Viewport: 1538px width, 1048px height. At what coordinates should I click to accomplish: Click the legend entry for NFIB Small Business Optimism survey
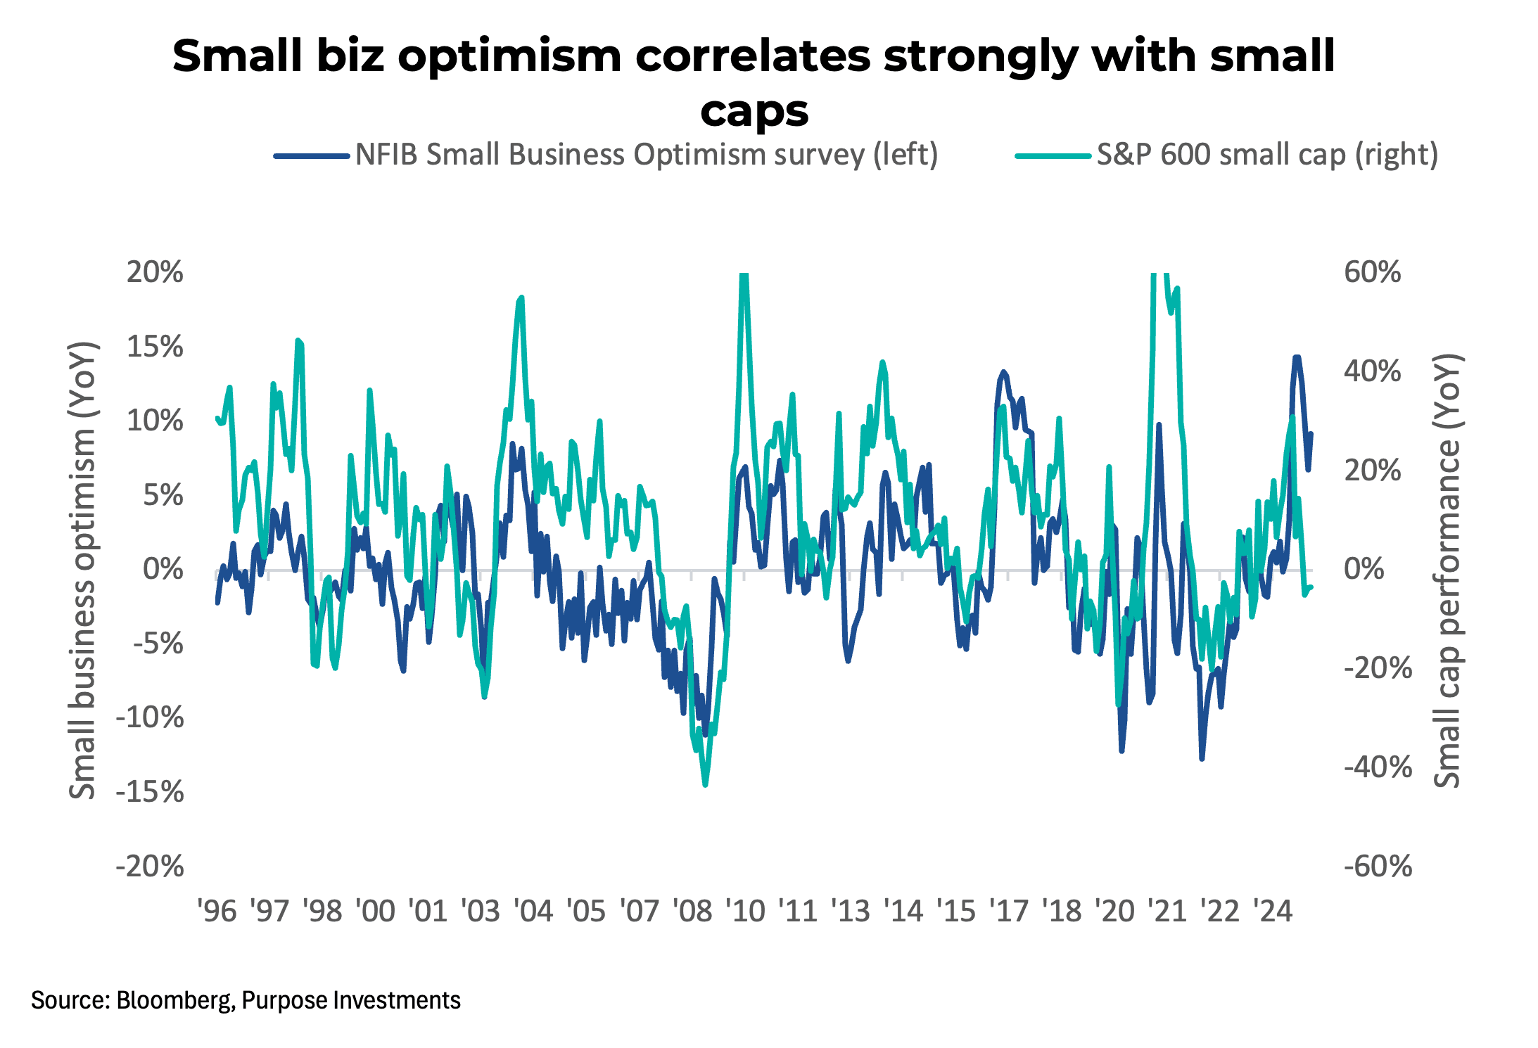coord(646,155)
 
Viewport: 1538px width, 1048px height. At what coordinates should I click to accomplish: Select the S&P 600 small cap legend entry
coord(1266,155)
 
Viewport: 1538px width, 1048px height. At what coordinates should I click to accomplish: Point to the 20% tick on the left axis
coord(155,272)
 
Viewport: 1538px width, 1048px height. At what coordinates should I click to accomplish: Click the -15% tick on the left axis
coord(150,792)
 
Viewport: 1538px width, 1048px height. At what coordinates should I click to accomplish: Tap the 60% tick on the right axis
coord(1372,272)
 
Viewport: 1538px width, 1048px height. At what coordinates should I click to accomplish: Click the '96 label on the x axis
coord(217,912)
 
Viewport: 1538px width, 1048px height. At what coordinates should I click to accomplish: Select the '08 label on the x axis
coord(692,912)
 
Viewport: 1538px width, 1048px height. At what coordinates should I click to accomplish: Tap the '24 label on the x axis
coord(1273,912)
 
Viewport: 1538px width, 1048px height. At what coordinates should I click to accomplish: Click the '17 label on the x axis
coord(1009,912)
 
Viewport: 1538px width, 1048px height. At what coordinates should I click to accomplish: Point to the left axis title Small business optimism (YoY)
coord(83,570)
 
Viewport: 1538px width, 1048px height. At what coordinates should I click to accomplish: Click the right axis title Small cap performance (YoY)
coord(1448,570)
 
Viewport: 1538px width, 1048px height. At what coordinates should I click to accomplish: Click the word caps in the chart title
coord(754,111)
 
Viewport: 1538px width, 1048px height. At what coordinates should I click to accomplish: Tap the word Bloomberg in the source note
coord(174,1000)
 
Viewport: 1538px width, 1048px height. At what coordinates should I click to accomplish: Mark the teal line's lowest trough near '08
coord(705,784)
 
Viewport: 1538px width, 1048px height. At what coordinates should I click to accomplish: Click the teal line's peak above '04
coord(521,298)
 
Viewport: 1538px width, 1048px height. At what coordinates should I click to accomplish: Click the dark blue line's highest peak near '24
coord(1296,357)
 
